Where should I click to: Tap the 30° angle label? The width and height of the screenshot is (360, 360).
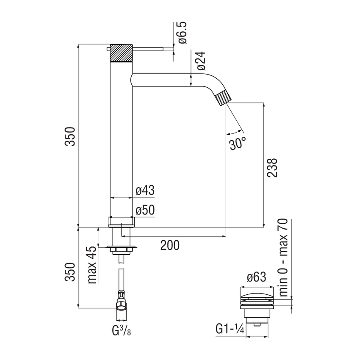point(238,143)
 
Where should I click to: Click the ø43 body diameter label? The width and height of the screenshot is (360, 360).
point(145,191)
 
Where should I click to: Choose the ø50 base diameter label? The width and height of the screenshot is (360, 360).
point(145,211)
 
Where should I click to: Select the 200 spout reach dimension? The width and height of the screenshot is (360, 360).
point(170,245)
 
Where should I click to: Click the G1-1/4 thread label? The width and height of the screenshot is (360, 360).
point(229,329)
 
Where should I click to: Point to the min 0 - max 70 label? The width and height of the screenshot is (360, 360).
point(283,257)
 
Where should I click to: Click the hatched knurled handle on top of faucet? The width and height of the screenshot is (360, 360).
point(122,53)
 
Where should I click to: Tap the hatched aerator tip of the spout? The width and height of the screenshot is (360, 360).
point(223,97)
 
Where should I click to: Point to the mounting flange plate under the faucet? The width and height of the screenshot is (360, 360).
point(122,246)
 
